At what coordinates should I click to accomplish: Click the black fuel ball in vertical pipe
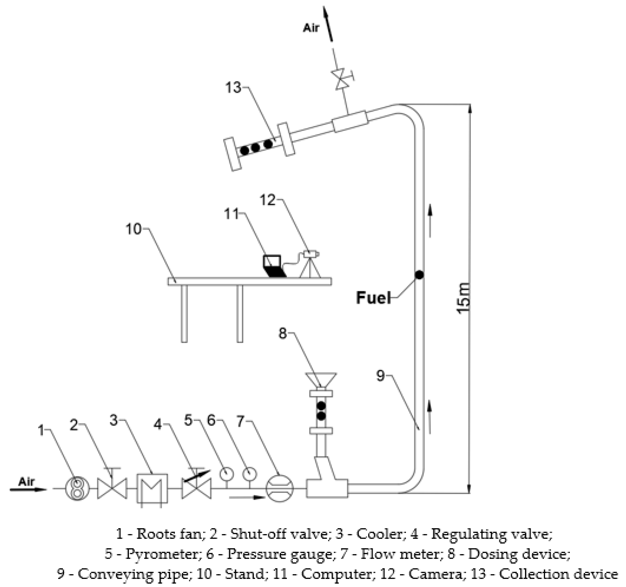419,275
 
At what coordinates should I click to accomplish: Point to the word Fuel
373,298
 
